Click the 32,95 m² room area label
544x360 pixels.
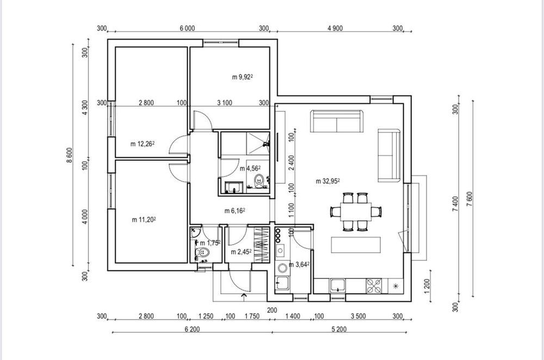pyautogui.click(x=327, y=181)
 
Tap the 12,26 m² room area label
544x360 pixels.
pyautogui.click(x=142, y=144)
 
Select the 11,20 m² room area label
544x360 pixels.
pyautogui.click(x=144, y=220)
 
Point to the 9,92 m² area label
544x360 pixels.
pyautogui.click(x=242, y=77)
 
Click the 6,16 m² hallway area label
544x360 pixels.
pyautogui.click(x=235, y=211)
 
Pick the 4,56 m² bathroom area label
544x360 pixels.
pyautogui.click(x=250, y=169)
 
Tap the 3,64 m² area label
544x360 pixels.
pyautogui.click(x=299, y=265)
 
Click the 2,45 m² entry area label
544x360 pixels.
pyautogui.click(x=241, y=252)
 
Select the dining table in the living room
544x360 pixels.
pyautogui.click(x=356, y=212)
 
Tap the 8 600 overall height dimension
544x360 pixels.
pyautogui.click(x=70, y=155)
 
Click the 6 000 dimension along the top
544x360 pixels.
pyautogui.click(x=187, y=28)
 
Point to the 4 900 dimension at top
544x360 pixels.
pyautogui.click(x=335, y=28)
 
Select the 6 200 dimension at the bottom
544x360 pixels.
pyautogui.click(x=192, y=329)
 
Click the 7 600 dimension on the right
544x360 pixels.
pyautogui.click(x=469, y=199)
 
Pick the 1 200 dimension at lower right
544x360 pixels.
pyautogui.click(x=426, y=286)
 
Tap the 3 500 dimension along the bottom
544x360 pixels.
pyautogui.click(x=358, y=316)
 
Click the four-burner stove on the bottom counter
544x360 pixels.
pyautogui.click(x=374, y=286)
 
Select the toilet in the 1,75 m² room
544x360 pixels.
pyautogui.click(x=202, y=252)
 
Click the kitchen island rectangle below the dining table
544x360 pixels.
pyautogui.click(x=356, y=245)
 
